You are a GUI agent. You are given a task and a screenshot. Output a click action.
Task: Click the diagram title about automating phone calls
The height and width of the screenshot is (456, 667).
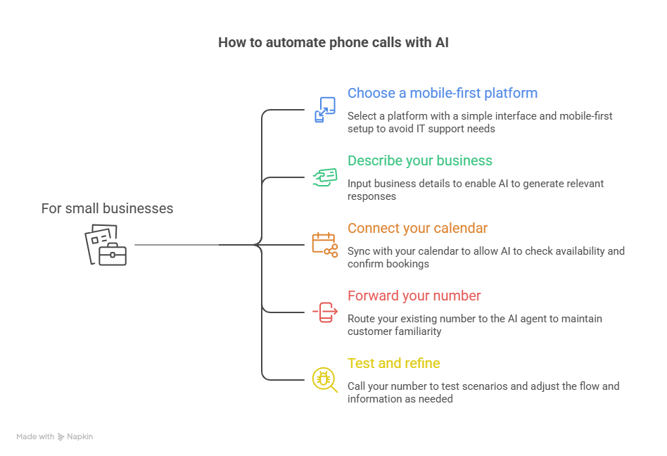pos(333,42)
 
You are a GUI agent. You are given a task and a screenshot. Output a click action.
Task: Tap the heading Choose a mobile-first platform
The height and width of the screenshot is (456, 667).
pos(442,93)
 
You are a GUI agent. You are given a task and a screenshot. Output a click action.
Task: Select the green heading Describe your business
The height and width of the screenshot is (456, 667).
pos(419,160)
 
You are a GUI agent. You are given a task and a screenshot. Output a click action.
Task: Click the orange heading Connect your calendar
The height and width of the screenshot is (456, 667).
pos(417,228)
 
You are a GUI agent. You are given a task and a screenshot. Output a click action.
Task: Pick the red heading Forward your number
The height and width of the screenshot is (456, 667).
pos(414,296)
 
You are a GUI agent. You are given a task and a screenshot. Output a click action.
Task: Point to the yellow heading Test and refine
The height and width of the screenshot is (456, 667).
pos(393,363)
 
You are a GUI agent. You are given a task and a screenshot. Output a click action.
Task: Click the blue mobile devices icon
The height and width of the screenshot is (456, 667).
pos(324,110)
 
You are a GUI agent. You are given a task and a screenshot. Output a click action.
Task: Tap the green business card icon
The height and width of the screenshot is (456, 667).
pos(324,177)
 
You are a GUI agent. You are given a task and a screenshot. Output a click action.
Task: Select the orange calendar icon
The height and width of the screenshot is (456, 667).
pos(324,244)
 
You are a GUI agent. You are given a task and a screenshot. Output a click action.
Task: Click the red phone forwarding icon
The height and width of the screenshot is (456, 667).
pos(325,312)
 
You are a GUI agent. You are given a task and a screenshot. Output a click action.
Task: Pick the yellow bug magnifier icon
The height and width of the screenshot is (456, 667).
pos(324,379)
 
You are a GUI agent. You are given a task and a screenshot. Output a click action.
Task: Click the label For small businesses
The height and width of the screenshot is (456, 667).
pos(107,208)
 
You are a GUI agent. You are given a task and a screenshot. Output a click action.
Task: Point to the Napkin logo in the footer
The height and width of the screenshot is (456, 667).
pos(62,436)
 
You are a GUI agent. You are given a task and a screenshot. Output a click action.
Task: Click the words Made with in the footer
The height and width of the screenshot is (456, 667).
pos(35,436)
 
